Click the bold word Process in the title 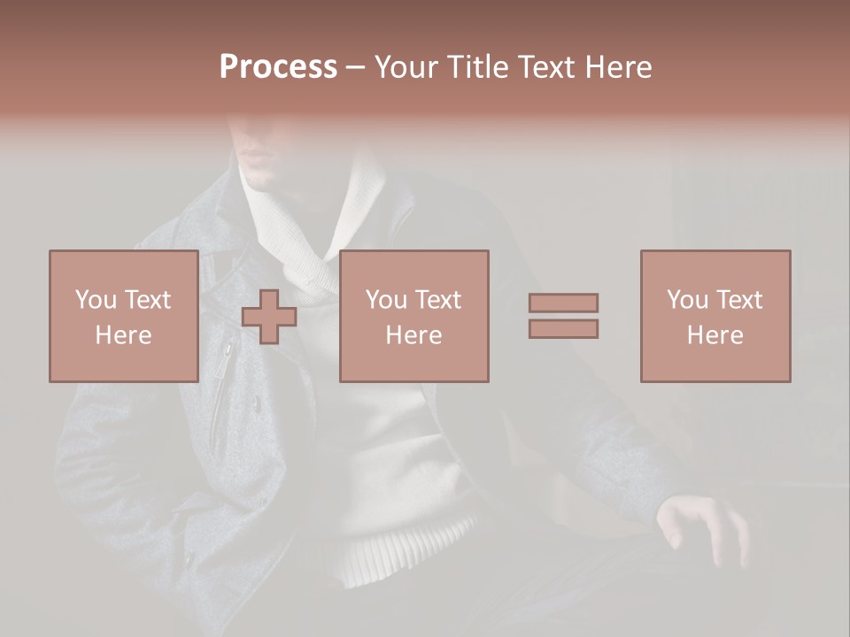click(x=278, y=67)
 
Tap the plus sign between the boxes click(x=269, y=317)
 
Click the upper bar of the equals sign click(x=563, y=303)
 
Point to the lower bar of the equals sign click(x=563, y=328)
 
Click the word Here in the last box click(x=715, y=335)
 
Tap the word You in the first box click(x=95, y=300)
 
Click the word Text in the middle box click(x=438, y=300)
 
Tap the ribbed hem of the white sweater click(x=403, y=549)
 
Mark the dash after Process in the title click(x=355, y=67)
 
